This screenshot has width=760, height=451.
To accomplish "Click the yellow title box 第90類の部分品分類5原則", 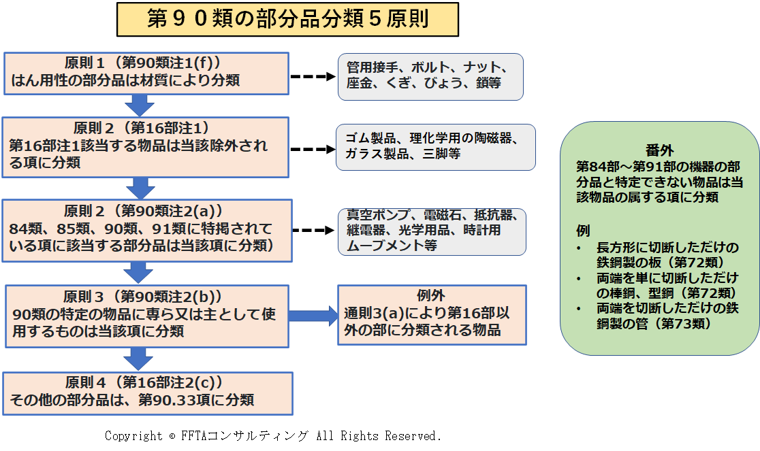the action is (287, 19).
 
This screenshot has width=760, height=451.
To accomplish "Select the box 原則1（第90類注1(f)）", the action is (146, 73).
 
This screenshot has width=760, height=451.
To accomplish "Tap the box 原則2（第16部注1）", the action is (146, 147).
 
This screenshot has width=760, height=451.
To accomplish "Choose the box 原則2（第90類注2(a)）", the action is (147, 231).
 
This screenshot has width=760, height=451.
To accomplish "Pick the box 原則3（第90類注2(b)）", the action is (147, 316).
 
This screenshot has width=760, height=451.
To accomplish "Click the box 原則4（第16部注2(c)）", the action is (148, 393).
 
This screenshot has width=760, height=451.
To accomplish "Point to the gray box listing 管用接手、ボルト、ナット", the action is (430, 77).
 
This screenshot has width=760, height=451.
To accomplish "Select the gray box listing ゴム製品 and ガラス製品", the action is (436, 147).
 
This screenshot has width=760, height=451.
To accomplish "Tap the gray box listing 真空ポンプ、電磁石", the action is (432, 232).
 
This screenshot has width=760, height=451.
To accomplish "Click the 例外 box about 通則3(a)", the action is (432, 314).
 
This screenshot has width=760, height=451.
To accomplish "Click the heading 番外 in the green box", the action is (659, 150).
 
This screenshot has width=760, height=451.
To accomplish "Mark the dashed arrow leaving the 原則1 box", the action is (313, 76).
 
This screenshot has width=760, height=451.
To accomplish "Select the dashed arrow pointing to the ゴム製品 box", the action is (313, 149).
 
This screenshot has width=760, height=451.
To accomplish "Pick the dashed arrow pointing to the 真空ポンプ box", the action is (313, 231).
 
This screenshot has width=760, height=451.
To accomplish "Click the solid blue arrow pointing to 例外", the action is (313, 316).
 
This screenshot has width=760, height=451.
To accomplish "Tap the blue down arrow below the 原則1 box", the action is (140, 105).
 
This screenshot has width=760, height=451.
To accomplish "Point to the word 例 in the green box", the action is (583, 231).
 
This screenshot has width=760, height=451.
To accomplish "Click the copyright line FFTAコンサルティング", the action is (273, 436).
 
